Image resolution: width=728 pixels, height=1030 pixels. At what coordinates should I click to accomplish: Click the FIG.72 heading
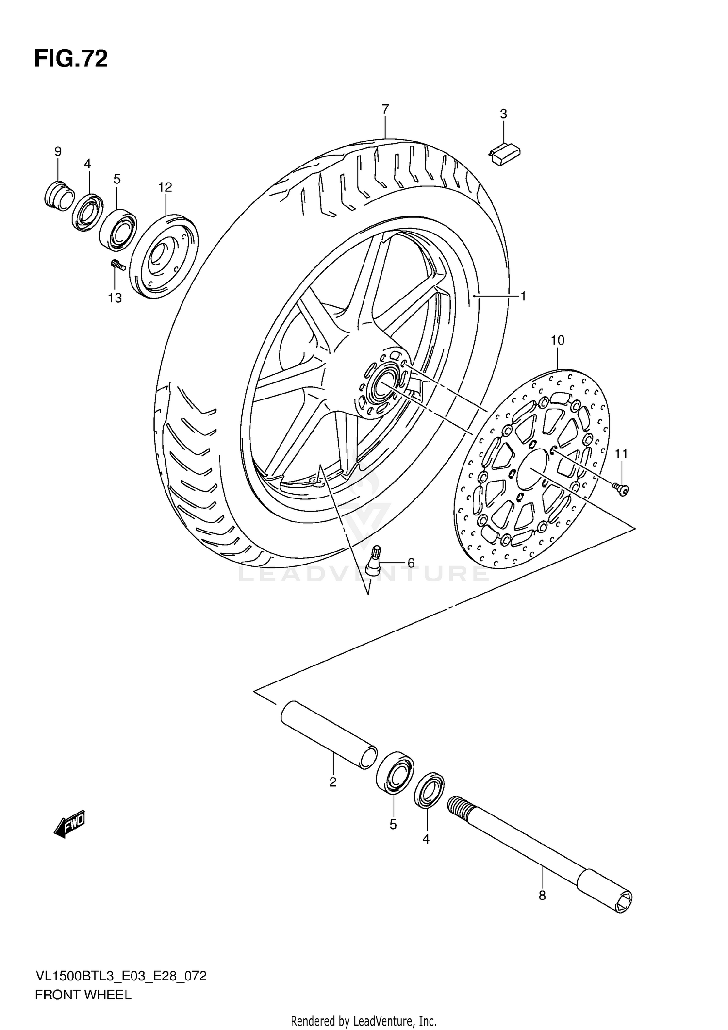(71, 59)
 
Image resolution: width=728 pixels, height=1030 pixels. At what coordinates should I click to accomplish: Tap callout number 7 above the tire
(385, 110)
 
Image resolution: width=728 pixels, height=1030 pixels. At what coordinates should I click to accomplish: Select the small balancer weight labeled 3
(505, 154)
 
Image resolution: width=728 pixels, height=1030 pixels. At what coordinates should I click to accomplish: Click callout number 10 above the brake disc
(557, 341)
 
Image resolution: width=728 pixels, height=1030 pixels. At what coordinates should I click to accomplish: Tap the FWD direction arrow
(70, 823)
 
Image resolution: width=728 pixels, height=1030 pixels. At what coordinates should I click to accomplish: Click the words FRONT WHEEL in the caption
(83, 993)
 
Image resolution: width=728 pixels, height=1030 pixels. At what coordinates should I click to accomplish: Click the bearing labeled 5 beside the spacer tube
(394, 775)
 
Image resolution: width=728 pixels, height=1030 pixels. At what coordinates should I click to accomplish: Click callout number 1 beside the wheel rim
(523, 296)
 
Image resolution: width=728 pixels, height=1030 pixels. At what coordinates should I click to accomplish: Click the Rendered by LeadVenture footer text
(364, 1021)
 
